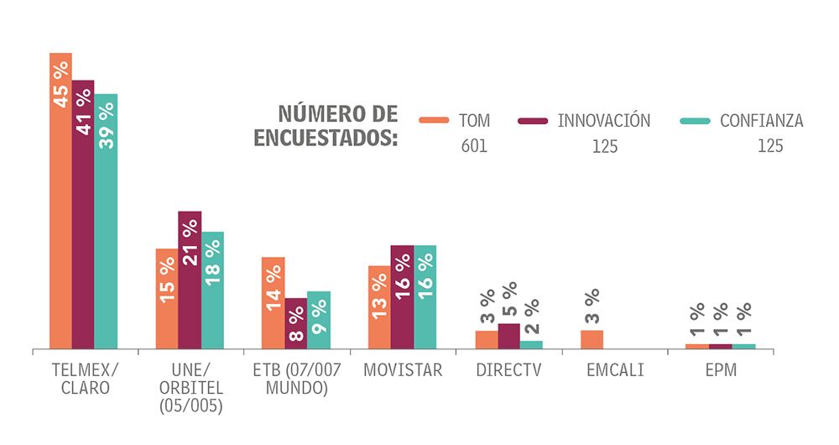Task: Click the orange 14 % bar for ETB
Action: pyautogui.click(x=274, y=302)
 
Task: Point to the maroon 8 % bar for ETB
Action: pyautogui.click(x=296, y=322)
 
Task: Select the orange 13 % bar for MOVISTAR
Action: pyautogui.click(x=379, y=306)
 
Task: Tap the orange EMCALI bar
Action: pyautogui.click(x=591, y=339)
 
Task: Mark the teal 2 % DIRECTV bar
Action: pyautogui.click(x=531, y=344)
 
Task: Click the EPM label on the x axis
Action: pyautogui.click(x=720, y=370)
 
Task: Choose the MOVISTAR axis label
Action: pyautogui.click(x=403, y=370)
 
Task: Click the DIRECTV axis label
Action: pyautogui.click(x=508, y=370)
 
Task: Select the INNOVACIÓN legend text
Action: pyautogui.click(x=604, y=120)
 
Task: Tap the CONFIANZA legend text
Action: pyautogui.click(x=761, y=121)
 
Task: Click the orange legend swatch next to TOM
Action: pyautogui.click(x=435, y=120)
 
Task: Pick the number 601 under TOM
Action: pyautogui.click(x=474, y=146)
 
